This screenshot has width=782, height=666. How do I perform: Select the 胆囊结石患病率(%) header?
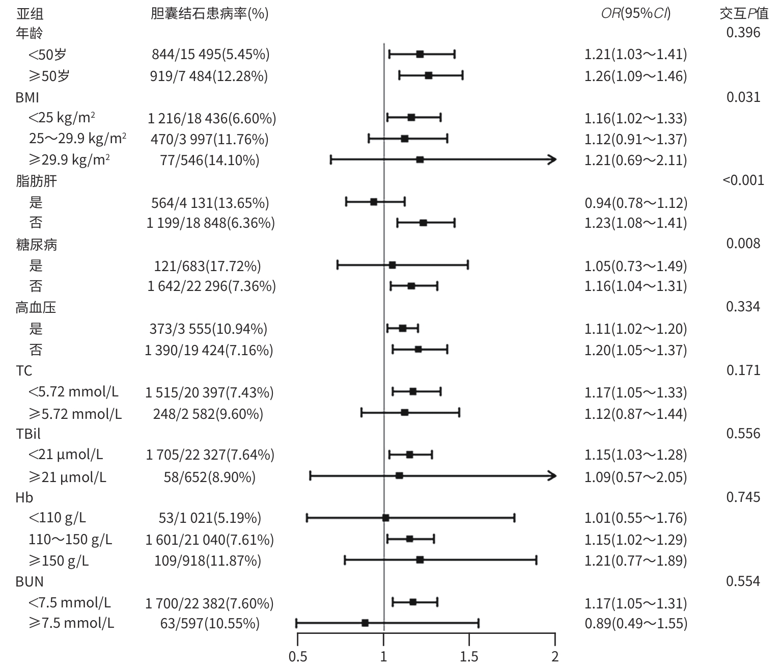pos(210,13)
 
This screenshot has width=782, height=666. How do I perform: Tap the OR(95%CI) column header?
pos(636,13)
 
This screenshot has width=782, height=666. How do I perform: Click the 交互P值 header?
pos(743,13)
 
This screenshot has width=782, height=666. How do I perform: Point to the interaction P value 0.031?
pos(743,97)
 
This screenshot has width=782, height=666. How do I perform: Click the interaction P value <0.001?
pos(743,180)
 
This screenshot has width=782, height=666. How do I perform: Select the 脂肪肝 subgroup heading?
pos(36,181)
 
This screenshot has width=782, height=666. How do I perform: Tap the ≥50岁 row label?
pos(49,76)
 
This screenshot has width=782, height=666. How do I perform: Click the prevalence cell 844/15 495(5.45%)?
pos(211,54)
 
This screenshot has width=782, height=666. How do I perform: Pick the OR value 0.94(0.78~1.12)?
pos(636,202)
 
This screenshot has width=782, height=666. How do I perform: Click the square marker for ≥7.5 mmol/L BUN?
pos(365,623)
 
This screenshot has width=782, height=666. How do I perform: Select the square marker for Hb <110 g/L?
pos(385,518)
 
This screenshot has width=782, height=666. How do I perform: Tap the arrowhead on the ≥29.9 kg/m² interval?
pos(552,160)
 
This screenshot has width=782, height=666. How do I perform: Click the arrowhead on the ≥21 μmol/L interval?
pos(552,476)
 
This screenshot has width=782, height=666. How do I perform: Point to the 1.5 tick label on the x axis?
pos(469,656)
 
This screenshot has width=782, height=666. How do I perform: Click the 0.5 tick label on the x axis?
pos(298,656)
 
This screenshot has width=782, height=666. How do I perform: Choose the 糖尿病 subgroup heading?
pos(36,245)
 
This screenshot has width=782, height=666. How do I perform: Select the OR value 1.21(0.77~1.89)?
pos(636,561)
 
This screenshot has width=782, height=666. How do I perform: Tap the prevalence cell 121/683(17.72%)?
pos(208,265)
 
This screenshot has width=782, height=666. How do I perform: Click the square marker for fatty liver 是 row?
pos(374,202)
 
